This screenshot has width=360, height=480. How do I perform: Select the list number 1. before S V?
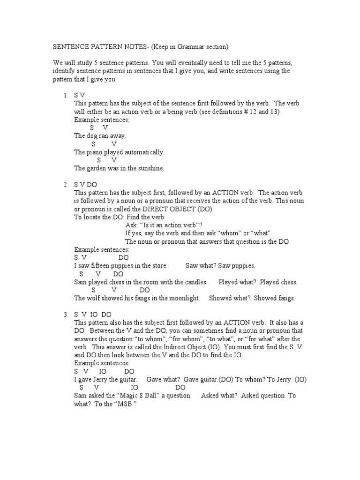66,95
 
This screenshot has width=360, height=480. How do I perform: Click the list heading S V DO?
85,185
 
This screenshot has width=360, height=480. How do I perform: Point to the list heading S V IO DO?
92,315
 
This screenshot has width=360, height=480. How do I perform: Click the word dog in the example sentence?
93,136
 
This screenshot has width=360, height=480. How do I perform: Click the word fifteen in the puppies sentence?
103,266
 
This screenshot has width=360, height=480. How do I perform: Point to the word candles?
195,282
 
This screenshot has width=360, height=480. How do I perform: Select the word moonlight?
184,298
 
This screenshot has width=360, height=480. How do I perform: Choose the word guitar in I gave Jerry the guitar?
127,379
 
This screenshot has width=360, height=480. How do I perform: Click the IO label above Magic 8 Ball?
135,388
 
